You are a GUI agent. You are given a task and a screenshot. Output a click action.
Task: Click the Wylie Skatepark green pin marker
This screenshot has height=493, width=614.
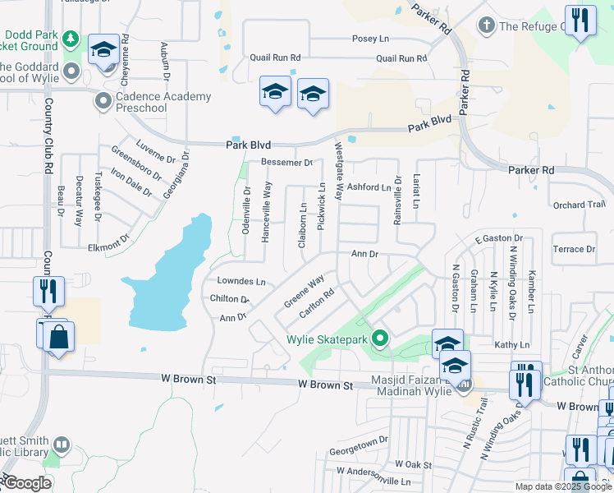pos(379,338)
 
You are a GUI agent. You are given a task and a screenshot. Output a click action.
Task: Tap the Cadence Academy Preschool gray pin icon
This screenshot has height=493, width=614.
pos(103,102)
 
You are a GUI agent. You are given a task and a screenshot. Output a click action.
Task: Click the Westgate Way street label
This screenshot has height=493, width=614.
pos(337,171)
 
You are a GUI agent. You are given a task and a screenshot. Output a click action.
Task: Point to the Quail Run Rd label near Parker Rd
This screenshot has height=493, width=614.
pos(401,58)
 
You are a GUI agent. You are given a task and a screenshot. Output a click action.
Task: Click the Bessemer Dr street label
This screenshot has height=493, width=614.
pos(287,163)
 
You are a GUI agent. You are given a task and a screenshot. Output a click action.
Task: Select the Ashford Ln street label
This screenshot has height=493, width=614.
pos(369,187)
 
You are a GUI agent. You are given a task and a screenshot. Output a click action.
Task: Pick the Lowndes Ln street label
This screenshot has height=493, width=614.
pos(241,281)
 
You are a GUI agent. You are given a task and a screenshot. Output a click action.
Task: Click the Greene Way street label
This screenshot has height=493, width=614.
pos(304,292)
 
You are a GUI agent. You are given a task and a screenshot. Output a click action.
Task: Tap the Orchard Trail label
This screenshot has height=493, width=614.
pos(579,205)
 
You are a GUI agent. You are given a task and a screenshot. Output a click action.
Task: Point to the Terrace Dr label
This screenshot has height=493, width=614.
pos(574,249)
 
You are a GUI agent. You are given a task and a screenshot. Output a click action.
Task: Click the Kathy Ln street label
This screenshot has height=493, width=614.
pos(511,344)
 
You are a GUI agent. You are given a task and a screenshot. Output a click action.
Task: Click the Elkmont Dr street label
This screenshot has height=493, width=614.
pos(108,244)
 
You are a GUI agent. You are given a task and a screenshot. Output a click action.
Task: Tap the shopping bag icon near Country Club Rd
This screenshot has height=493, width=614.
pos(60,336)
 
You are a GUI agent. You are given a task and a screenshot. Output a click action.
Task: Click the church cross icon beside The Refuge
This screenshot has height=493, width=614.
pos(486,26)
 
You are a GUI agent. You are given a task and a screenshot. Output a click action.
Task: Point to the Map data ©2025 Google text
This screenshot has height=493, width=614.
pos(562,486)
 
